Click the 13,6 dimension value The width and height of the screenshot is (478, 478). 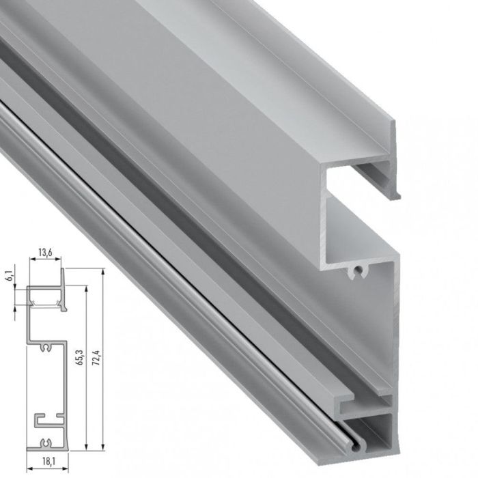click(x=45, y=253)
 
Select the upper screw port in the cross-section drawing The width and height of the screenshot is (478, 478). click(x=46, y=346)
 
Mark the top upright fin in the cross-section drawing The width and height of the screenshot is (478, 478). click(x=63, y=276)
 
